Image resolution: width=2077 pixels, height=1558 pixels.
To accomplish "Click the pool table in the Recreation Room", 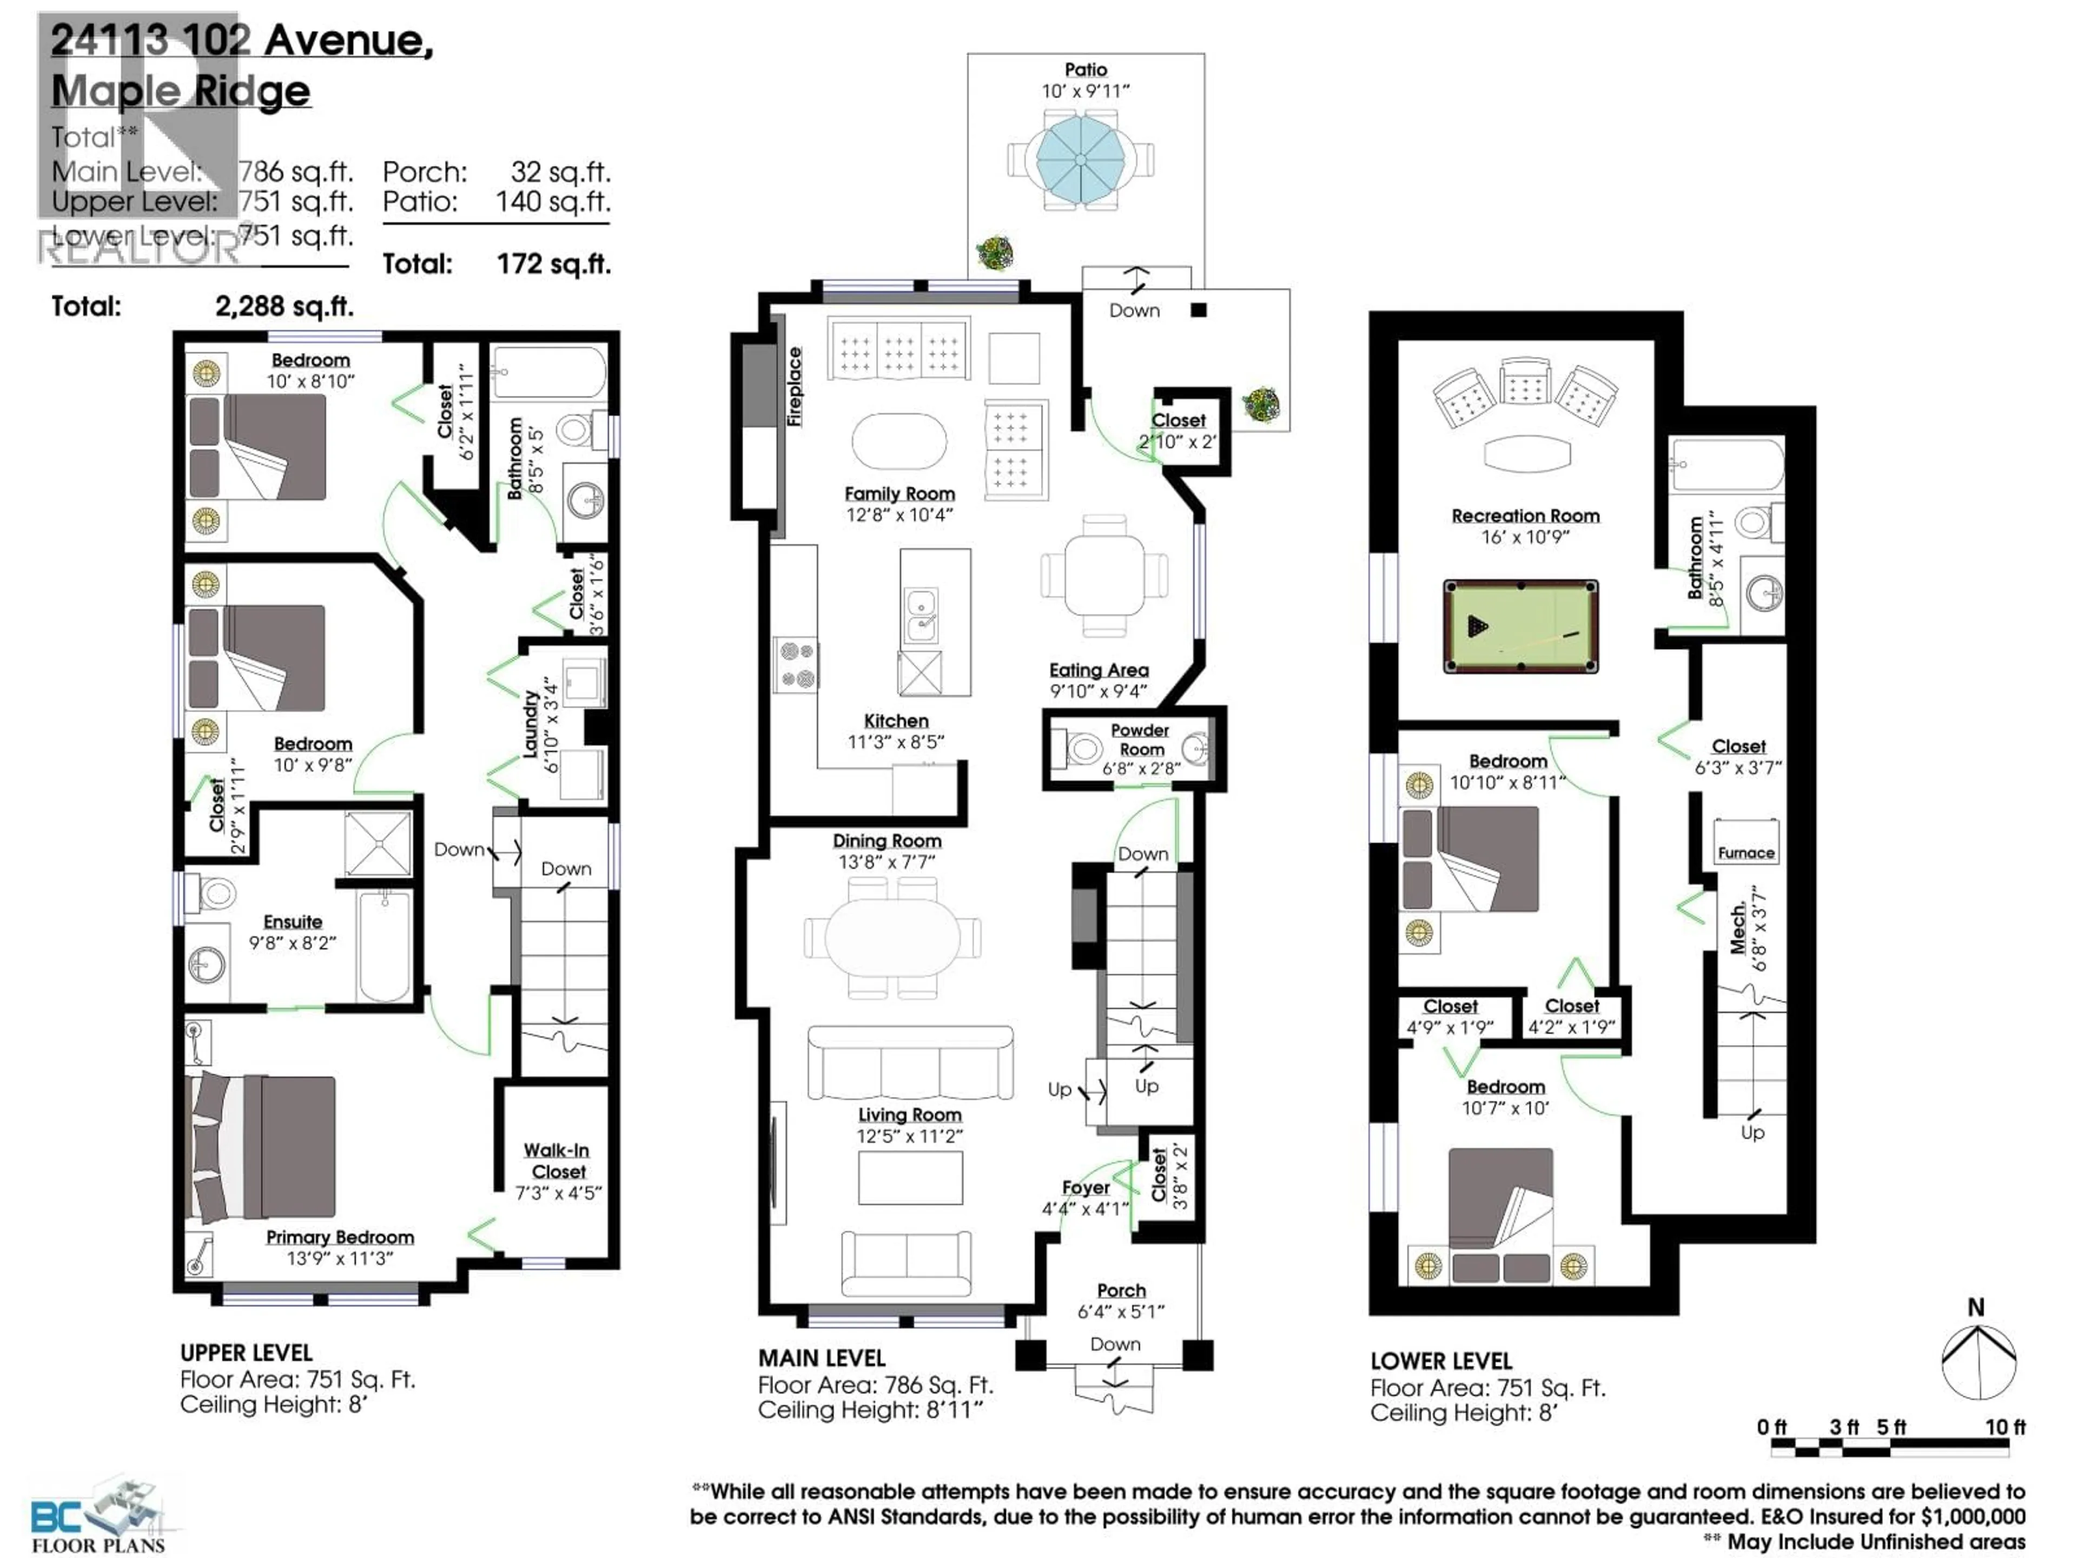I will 1520,625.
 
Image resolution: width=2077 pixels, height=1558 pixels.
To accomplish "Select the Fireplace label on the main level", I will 795,387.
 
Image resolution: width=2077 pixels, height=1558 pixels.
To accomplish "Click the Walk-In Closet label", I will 558,1161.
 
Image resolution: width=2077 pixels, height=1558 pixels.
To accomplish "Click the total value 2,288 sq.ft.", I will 285,306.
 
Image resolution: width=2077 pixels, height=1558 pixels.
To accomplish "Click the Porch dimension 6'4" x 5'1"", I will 1121,1311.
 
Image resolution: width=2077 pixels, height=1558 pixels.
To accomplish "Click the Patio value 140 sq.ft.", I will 552,202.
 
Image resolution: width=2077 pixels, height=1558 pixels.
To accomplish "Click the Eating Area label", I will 1099,670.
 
